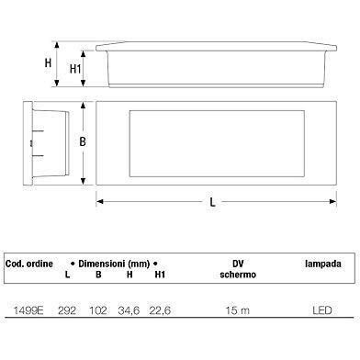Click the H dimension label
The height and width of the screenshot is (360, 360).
click(x=48, y=63)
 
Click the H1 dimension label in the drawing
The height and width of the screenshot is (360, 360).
click(x=75, y=69)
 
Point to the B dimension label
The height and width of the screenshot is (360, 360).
click(x=83, y=141)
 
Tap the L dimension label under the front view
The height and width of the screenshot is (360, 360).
click(x=212, y=202)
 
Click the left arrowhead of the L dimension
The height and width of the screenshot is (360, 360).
click(x=100, y=201)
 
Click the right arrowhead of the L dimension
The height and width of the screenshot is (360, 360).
click(x=332, y=201)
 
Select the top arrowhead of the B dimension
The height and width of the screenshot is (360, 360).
click(x=83, y=106)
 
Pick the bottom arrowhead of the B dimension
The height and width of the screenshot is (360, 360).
click(x=83, y=181)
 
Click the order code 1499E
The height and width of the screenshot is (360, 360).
click(x=28, y=310)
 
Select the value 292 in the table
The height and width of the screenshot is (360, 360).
click(x=67, y=310)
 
